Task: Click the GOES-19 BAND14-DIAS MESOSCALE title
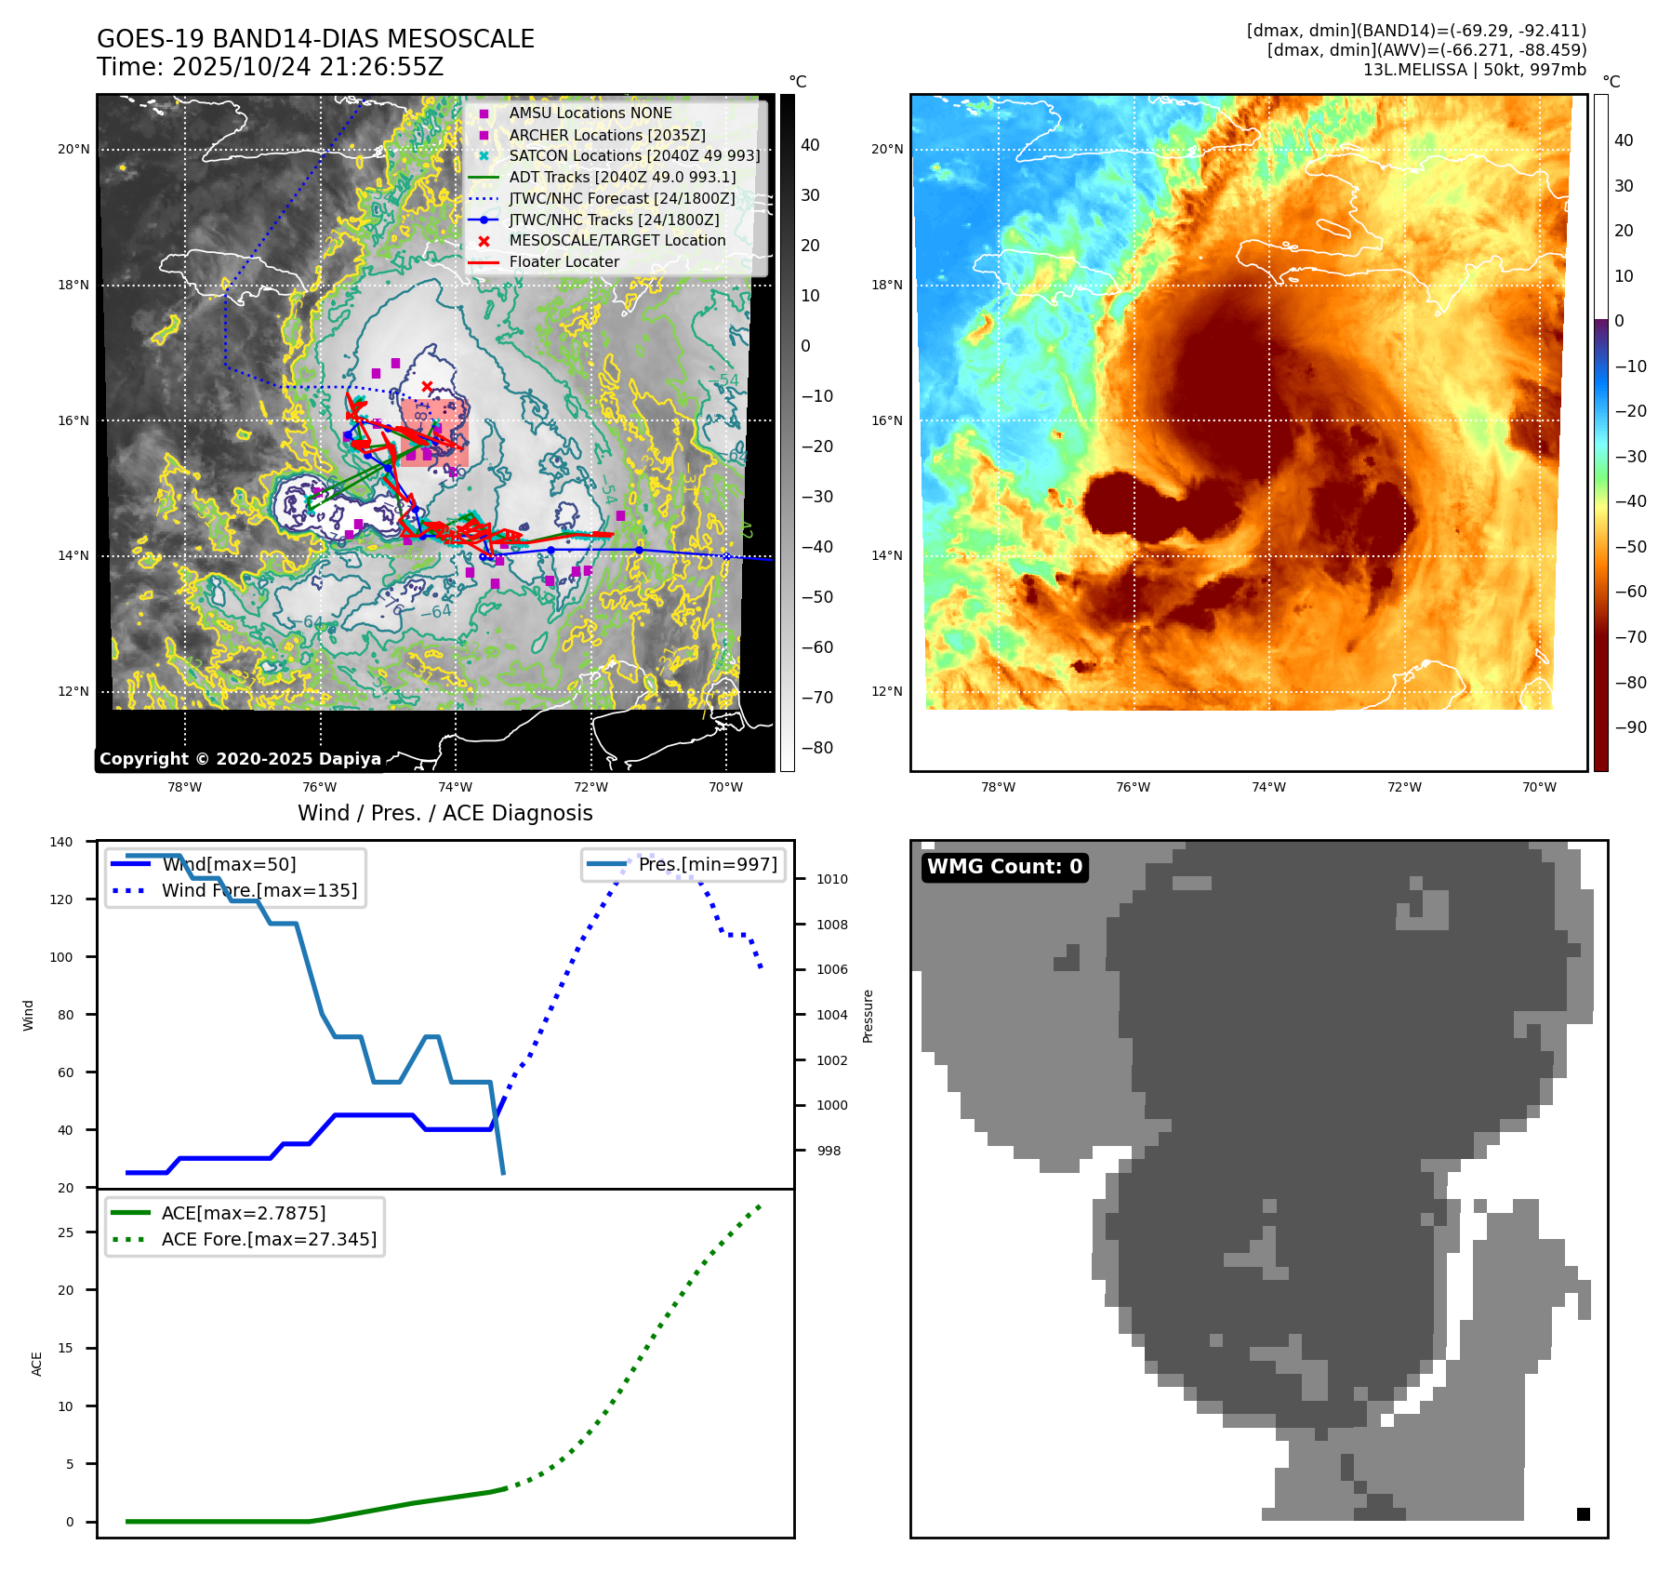click(x=315, y=39)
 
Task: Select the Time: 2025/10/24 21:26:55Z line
click(x=270, y=67)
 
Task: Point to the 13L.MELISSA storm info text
click(x=1474, y=70)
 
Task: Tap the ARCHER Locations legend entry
click(x=606, y=135)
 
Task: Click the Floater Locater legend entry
click(x=564, y=262)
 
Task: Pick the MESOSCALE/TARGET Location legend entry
click(x=617, y=241)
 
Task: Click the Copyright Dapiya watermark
click(x=240, y=759)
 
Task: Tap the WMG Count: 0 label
click(x=1004, y=867)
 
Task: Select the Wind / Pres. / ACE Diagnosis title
click(x=444, y=813)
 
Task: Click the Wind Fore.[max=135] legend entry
click(x=259, y=890)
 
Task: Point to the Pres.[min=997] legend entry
click(x=707, y=864)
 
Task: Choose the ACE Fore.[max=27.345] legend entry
click(x=269, y=1239)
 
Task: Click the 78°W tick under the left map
click(x=184, y=787)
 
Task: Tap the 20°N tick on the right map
click(x=886, y=149)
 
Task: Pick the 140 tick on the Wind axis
click(x=61, y=842)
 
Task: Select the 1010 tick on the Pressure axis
click(x=831, y=879)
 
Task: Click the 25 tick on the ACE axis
click(x=65, y=1232)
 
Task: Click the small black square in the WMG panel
click(x=1583, y=1514)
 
